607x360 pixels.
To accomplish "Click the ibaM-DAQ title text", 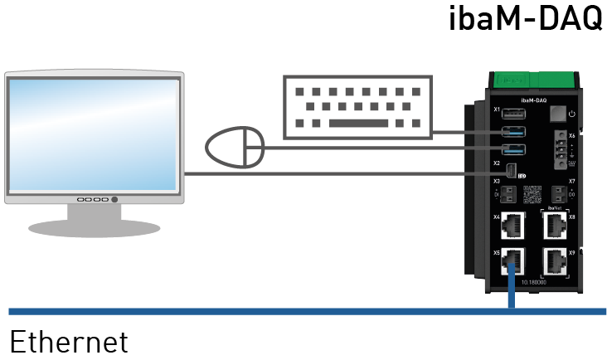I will point(526,18).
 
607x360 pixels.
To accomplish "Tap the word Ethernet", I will point(69,341).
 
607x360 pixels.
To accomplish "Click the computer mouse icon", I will point(235,148).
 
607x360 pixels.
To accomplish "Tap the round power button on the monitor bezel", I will point(114,200).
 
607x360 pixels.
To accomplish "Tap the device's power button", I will point(558,114).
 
